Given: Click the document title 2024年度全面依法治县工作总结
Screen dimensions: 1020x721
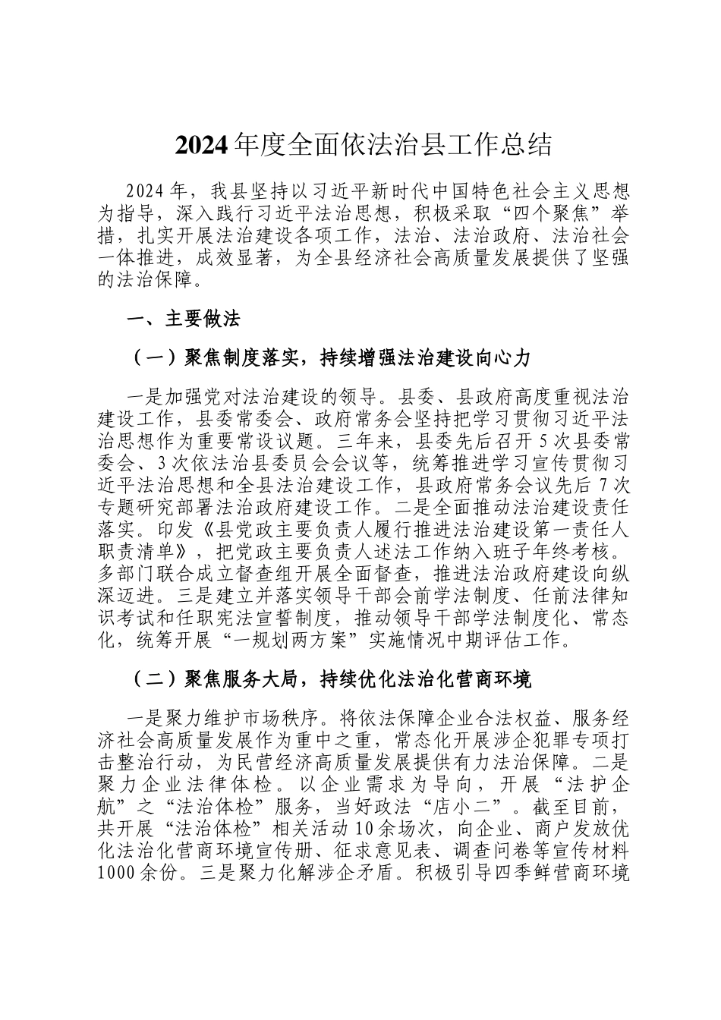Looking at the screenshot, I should tap(363, 145).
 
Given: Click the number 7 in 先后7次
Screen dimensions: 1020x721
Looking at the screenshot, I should tap(603, 483).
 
